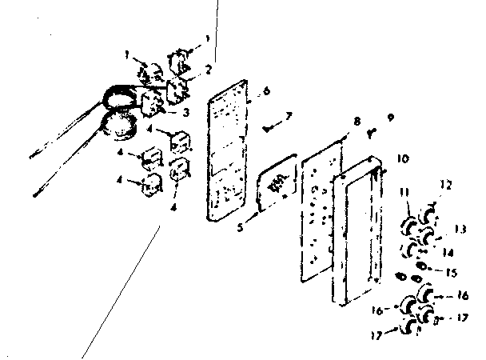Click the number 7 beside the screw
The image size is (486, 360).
[x=288, y=116]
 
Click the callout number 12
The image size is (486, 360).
[x=446, y=186]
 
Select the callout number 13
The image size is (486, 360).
[x=460, y=230]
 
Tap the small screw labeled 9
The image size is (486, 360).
[x=372, y=134]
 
